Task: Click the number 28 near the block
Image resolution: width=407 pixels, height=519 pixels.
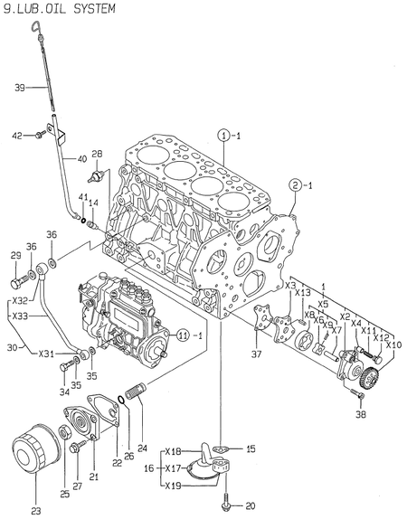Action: (97, 154)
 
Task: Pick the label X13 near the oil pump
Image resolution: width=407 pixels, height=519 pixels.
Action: (303, 292)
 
